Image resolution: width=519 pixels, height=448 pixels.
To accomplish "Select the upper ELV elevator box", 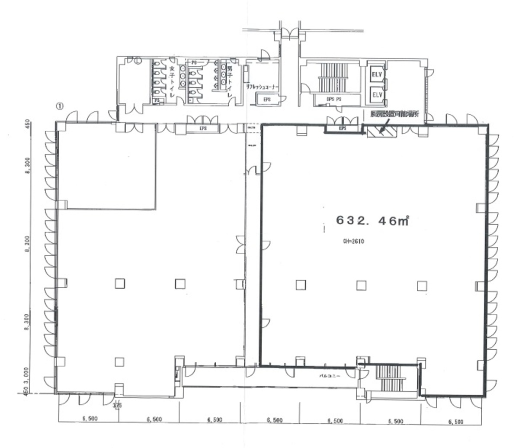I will pos(377,74).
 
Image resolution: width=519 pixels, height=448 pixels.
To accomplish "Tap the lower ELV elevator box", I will pos(377,94).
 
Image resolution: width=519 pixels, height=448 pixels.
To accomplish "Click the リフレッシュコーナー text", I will pos(262,87).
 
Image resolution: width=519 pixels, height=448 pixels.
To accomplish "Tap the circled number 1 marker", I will pos(59,106).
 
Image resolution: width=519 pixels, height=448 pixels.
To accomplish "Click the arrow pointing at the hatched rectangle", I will pos(383,124).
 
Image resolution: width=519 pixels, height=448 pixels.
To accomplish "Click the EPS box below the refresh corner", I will pos(267,100).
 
